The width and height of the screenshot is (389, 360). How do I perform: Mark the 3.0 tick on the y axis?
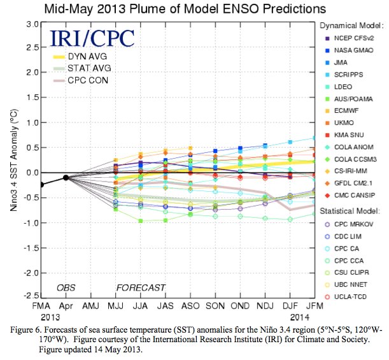[x=32, y=24]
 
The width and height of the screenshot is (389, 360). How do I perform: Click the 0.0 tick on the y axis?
[x=32, y=172]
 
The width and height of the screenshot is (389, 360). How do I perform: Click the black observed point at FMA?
[x=42, y=185]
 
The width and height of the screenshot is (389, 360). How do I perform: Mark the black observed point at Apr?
[x=66, y=177]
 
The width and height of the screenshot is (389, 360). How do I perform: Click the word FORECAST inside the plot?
[x=141, y=287]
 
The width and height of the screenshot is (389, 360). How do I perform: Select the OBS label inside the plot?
[x=66, y=287]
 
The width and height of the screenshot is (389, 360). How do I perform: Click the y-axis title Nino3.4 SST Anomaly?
[x=11, y=159]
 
